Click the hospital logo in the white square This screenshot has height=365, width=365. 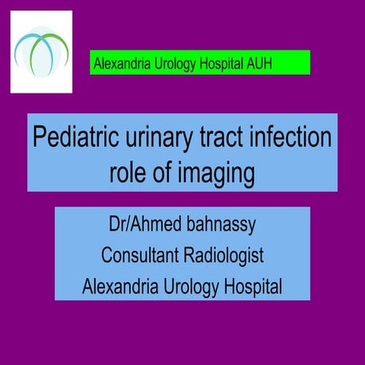click(42, 50)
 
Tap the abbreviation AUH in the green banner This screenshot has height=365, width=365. click(257, 64)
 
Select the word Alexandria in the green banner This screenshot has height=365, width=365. click(120, 64)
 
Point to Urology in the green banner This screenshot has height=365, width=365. click(171, 64)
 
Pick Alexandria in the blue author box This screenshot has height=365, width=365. click(120, 287)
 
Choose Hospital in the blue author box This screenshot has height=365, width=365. click(251, 287)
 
